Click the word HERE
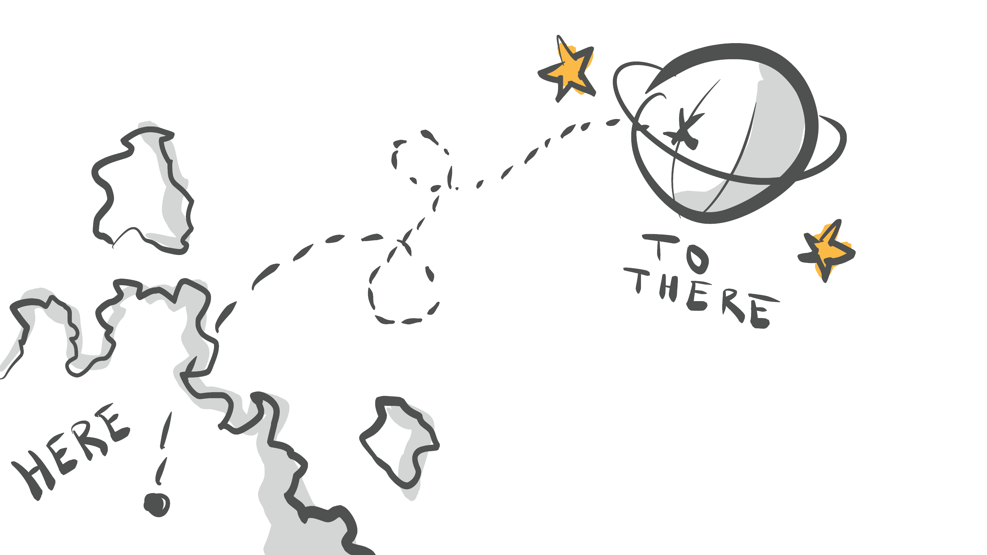pos(71,452)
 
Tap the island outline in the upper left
pos(142,188)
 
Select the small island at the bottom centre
pos(400,444)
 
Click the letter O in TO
pos(697,260)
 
